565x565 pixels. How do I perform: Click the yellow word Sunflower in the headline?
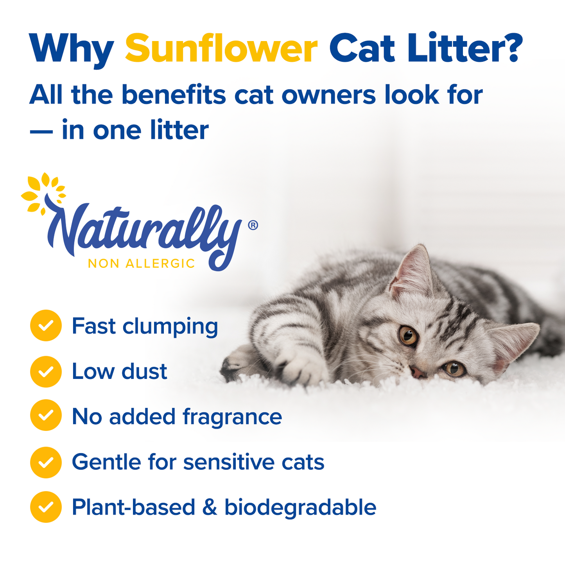221,48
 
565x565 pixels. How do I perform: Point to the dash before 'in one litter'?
41,131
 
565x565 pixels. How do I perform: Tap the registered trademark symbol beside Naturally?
253,225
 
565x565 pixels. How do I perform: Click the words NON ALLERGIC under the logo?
141,264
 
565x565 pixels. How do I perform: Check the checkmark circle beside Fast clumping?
46,325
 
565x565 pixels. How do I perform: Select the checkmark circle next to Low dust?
46,371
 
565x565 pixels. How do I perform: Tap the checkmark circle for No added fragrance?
46,415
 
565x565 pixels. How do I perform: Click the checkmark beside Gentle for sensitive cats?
46,463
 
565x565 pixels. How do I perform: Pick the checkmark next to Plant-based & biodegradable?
46,507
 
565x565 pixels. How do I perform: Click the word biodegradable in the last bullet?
300,507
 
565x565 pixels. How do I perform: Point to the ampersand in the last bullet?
210,507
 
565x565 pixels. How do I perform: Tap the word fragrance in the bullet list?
232,417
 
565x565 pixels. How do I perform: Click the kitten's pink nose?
418,372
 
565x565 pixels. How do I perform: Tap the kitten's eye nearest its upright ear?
408,335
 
